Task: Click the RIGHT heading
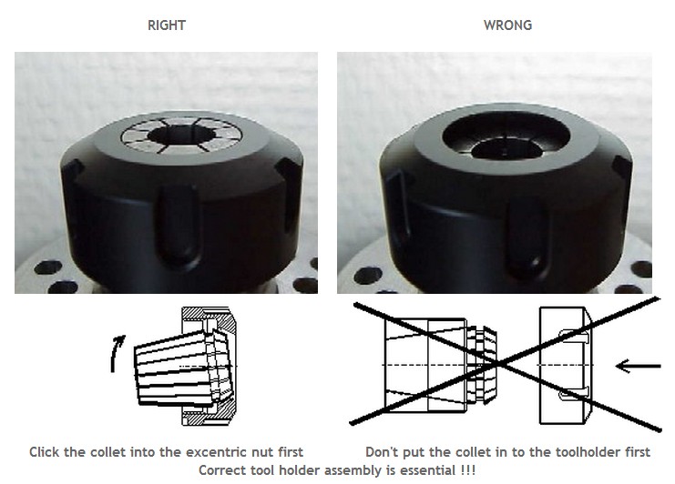point(166,25)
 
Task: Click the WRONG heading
point(507,25)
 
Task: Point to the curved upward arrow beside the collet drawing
point(115,353)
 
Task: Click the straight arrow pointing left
point(638,366)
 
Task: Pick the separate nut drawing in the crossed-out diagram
point(566,365)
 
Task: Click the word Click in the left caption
point(45,452)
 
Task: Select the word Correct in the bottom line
point(223,470)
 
